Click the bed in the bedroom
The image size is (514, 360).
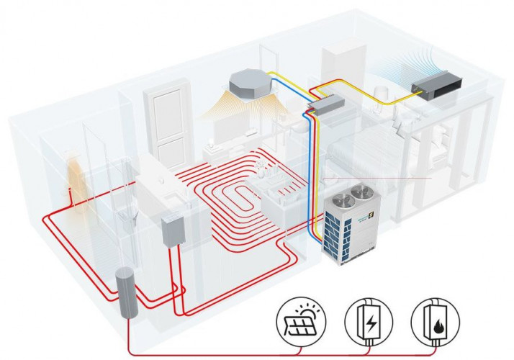367,155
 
